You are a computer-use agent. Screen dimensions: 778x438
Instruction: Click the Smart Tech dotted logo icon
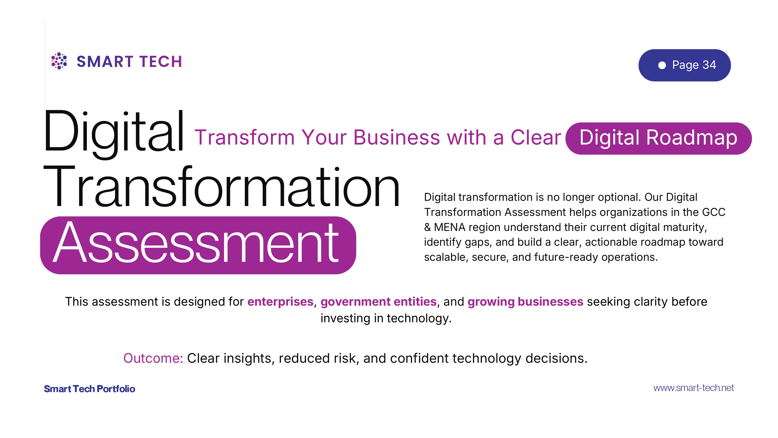[59, 61]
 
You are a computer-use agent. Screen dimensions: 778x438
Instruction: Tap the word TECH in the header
[161, 62]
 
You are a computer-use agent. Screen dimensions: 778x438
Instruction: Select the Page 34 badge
[684, 65]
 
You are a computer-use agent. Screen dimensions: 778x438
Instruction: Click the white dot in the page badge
[662, 65]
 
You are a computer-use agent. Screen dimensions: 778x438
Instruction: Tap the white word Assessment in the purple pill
[196, 243]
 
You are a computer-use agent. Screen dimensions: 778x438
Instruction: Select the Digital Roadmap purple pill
[658, 139]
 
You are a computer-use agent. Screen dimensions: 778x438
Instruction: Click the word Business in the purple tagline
[396, 138]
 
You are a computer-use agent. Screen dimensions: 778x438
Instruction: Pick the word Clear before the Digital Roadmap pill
[536, 138]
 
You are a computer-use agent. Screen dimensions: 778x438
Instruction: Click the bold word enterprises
[280, 302]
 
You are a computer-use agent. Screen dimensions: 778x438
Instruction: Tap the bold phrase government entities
[378, 302]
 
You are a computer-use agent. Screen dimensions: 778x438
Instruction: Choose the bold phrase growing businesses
[525, 302]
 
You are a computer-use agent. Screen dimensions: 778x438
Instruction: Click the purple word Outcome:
[153, 358]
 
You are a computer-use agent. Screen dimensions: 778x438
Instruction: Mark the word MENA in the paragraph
[449, 227]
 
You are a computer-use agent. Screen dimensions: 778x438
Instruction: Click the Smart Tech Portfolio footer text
[89, 389]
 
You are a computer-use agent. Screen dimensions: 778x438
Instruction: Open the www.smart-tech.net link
[693, 388]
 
